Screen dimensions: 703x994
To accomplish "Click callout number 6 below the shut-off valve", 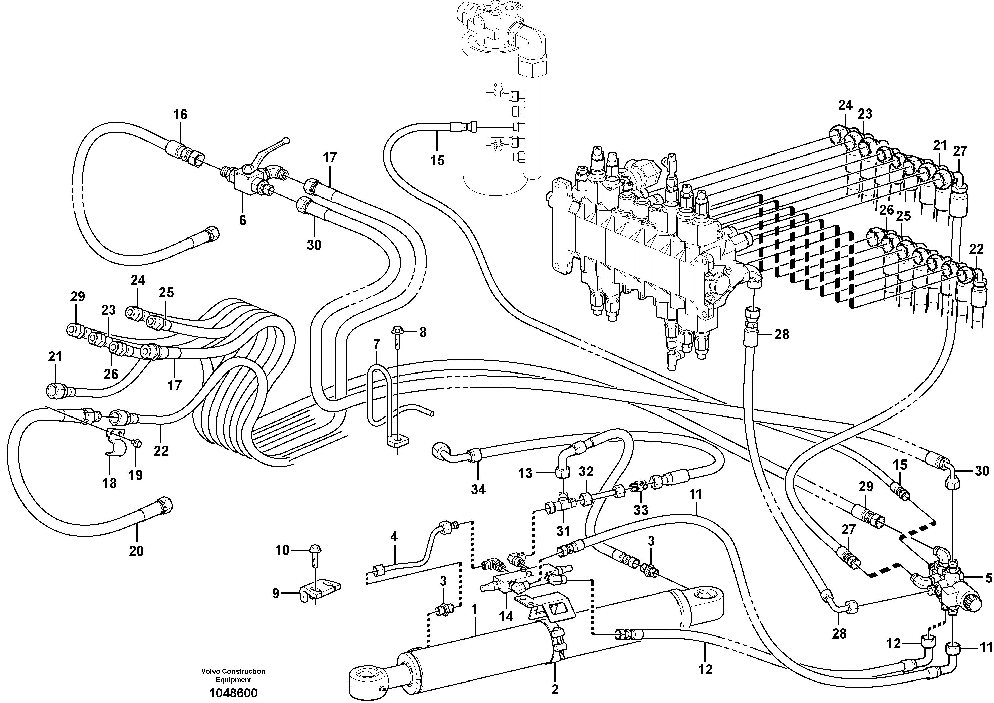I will pyautogui.click(x=242, y=220).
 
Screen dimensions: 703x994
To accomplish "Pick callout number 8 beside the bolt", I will pyautogui.click(x=423, y=332).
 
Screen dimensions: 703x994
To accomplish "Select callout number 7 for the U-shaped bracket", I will pyautogui.click(x=376, y=344).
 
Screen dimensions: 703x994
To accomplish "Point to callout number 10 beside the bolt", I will pyautogui.click(x=282, y=550).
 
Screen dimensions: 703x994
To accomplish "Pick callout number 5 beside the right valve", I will pyautogui.click(x=988, y=577).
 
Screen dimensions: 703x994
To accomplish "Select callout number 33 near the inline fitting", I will pyautogui.click(x=641, y=510).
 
